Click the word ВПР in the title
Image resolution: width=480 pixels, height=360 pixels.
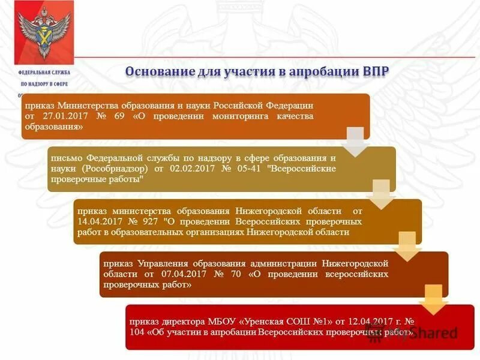(x=376, y=71)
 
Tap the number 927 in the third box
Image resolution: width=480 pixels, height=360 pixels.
(x=146, y=221)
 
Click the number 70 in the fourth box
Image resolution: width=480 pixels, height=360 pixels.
(x=236, y=274)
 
